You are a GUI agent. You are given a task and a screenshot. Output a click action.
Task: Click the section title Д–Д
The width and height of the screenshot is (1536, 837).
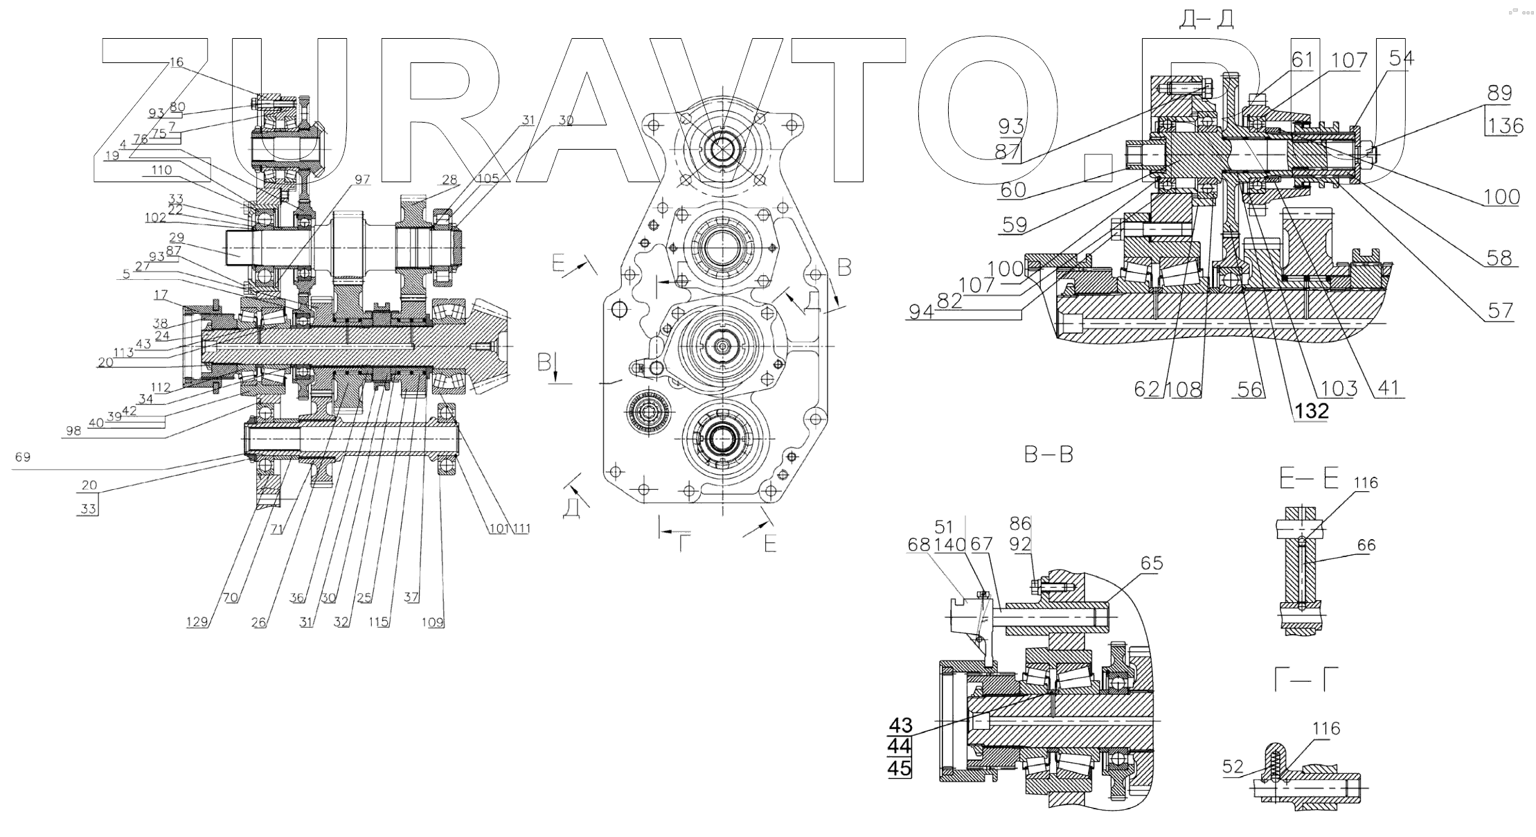point(1207,20)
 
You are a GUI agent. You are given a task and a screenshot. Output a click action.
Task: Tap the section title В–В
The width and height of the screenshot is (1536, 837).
point(1048,455)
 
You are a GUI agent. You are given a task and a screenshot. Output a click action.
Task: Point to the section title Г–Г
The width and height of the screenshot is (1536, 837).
point(1306,680)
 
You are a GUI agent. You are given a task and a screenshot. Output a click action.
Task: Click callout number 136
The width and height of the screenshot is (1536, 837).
point(1505,126)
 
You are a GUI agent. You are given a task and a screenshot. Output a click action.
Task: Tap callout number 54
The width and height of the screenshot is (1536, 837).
point(1400,59)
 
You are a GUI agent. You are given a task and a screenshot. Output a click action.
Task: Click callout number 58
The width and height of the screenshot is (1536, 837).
point(1499,258)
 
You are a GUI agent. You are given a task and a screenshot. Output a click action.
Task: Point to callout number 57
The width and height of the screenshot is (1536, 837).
point(1500,310)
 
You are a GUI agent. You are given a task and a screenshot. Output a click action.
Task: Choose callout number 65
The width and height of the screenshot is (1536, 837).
point(1152,563)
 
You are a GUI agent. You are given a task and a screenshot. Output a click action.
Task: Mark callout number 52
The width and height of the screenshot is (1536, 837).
point(1233,767)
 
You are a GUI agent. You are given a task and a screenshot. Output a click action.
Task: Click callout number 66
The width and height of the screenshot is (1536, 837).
point(1366,546)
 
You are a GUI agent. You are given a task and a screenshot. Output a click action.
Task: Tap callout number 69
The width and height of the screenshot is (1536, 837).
point(23,457)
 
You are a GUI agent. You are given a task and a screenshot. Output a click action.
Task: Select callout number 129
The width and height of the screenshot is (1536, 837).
point(197,622)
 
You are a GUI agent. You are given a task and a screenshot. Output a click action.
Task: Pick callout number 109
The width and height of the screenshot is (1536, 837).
point(433,622)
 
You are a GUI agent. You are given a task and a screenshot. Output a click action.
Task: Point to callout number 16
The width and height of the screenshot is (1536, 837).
point(177,62)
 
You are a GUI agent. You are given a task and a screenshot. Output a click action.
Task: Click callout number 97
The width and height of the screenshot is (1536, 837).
point(362,180)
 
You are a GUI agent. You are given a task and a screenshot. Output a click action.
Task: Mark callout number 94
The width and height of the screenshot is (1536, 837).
point(920,312)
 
